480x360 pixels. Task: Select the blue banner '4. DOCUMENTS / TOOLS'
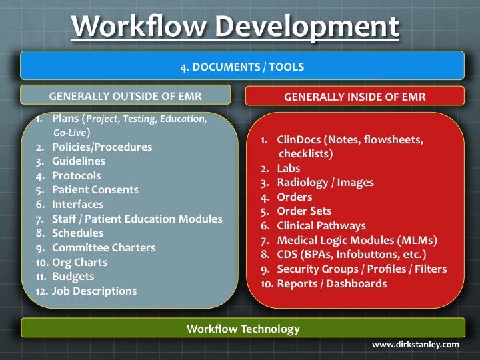coord(241,67)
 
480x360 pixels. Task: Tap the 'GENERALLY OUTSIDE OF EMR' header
coord(125,95)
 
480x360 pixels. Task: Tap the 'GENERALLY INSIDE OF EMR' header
coord(355,97)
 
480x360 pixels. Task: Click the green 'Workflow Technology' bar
coord(243,329)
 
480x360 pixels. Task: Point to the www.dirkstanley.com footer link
coord(415,345)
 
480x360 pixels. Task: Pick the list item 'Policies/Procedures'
coord(102,147)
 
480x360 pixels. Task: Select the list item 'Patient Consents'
coord(95,190)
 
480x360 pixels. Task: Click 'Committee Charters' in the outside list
coord(103,247)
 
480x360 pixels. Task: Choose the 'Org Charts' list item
coord(79,262)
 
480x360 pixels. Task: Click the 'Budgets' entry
coord(73,276)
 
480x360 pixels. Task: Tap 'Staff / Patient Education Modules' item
coord(137,219)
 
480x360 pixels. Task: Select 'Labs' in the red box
coord(289,169)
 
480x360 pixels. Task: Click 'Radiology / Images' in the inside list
coord(325,183)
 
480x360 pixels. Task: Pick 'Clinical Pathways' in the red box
coord(321,226)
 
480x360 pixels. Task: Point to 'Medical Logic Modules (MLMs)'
coord(348,240)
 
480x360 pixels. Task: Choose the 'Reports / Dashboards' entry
coord(332,283)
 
